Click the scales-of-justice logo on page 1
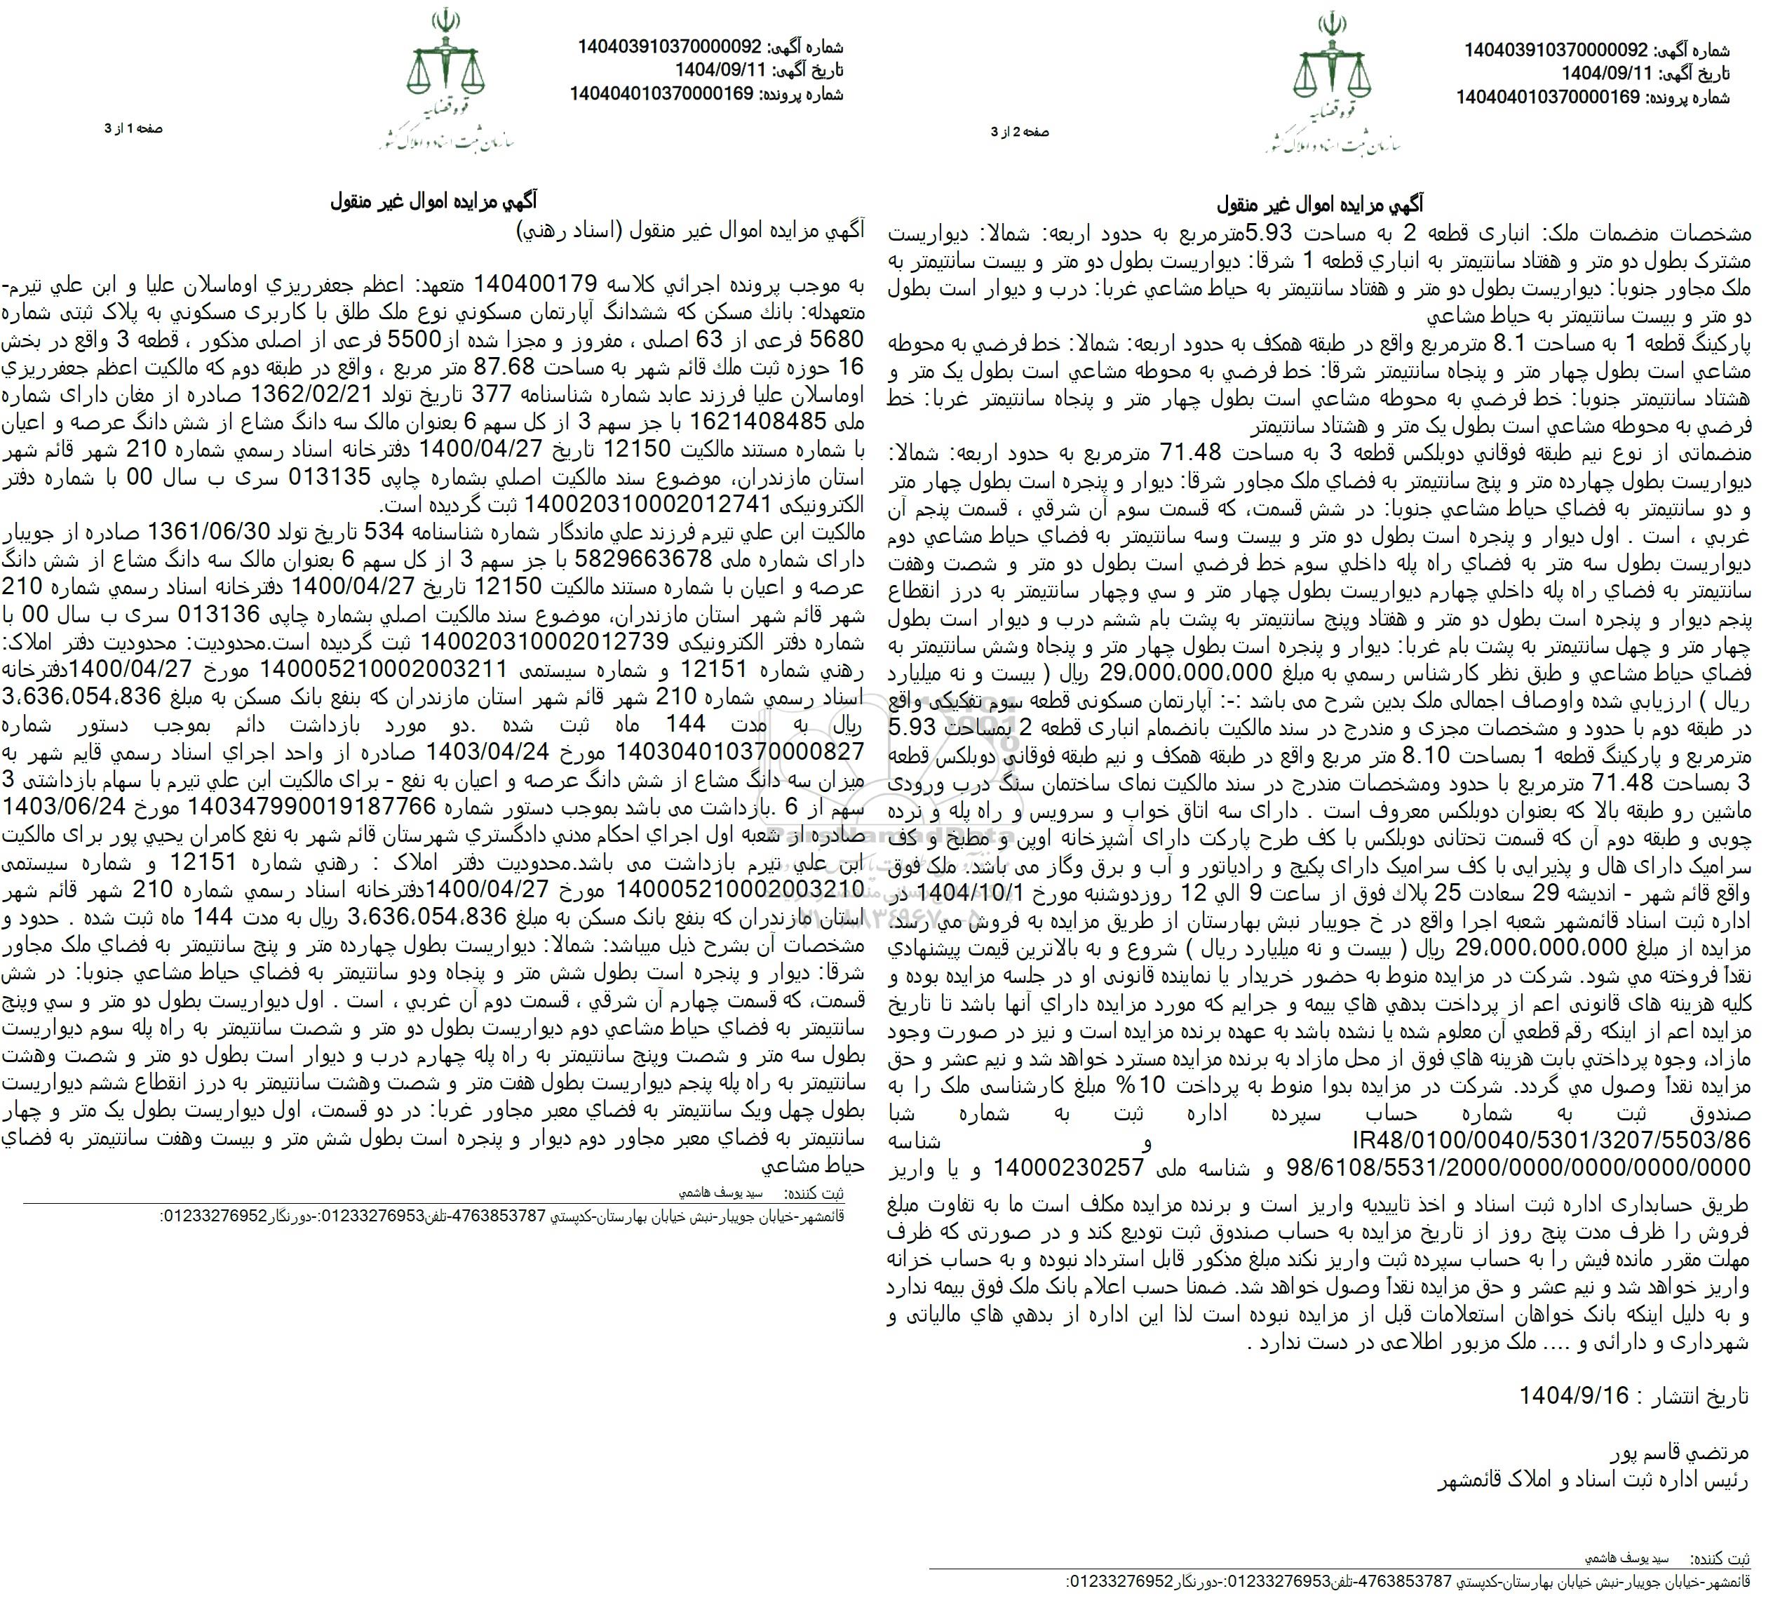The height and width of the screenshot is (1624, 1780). pos(446,62)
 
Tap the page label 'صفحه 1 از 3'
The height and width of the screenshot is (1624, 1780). pos(133,129)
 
